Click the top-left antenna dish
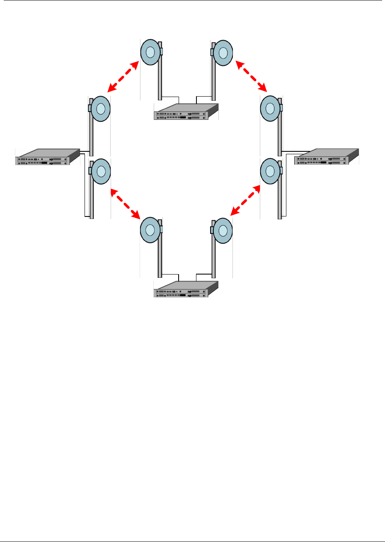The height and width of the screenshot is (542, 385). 150,52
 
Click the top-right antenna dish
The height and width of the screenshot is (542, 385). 223,52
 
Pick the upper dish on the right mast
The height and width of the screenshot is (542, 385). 270,109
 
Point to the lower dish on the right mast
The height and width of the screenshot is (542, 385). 270,170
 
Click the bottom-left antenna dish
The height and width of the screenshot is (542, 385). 150,230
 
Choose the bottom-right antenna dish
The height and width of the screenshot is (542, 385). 223,230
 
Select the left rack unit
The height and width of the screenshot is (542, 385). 47,157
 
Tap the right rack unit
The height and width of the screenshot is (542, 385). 327,157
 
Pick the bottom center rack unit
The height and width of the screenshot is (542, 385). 186,289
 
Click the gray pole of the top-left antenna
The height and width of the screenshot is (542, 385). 160,79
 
